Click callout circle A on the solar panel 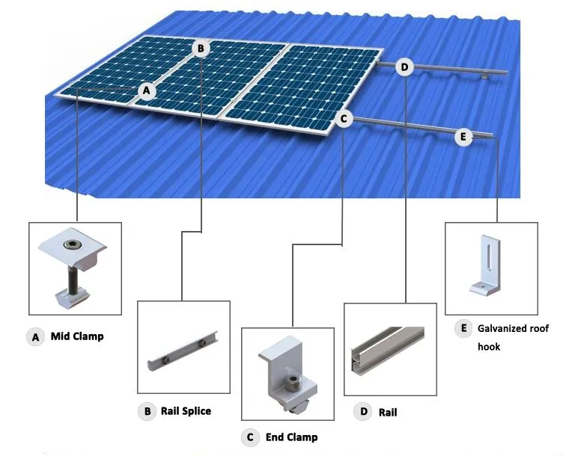(x=147, y=91)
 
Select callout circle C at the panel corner (x=343, y=118)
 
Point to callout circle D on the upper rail (x=404, y=68)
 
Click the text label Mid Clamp (x=77, y=336)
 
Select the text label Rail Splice (x=186, y=410)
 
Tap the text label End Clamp (x=291, y=437)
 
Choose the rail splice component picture (x=184, y=347)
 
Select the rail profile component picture (x=389, y=348)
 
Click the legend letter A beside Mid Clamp (x=35, y=337)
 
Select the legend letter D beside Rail (x=363, y=412)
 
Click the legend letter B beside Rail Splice (x=146, y=410)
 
